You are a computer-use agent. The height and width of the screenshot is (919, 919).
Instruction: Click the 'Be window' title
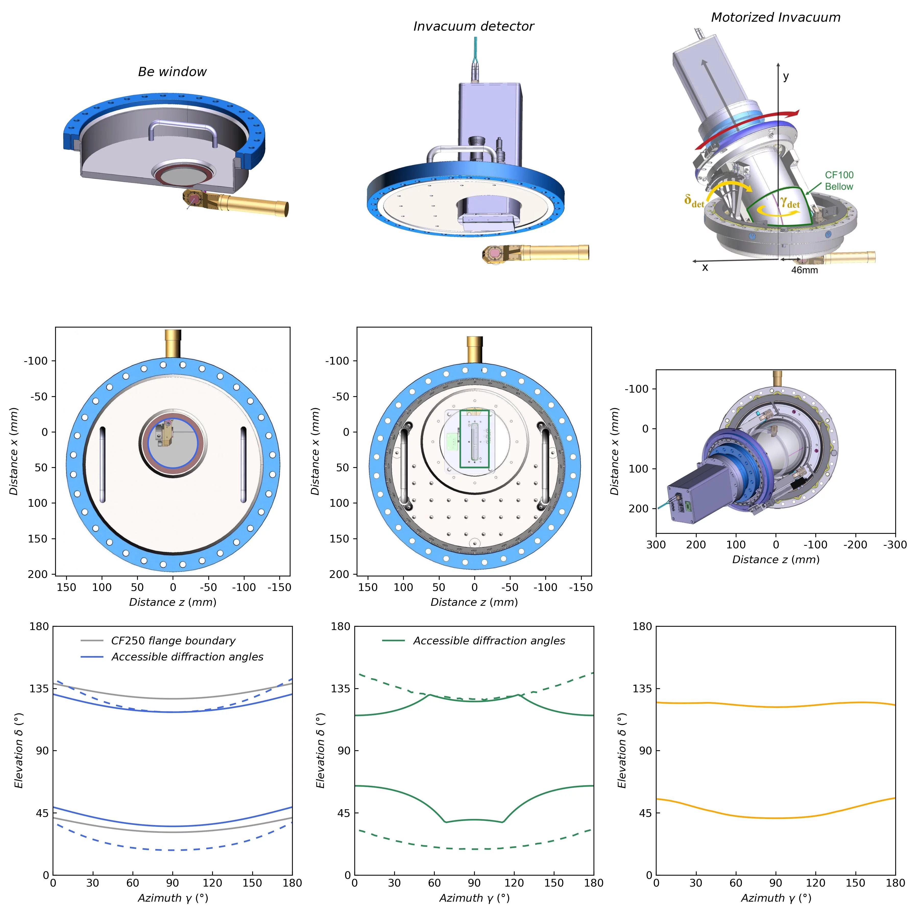click(x=172, y=72)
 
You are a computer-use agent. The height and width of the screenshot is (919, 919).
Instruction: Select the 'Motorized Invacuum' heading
click(x=775, y=18)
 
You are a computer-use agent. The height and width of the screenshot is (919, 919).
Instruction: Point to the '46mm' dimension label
click(x=804, y=270)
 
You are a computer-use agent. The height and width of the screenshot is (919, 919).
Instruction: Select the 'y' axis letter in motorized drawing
click(x=786, y=76)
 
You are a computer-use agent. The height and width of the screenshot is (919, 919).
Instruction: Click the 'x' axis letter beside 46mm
click(x=705, y=267)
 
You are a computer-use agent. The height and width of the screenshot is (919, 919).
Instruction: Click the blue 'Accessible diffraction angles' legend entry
click(x=187, y=657)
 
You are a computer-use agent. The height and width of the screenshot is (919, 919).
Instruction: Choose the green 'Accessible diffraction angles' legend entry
click(x=489, y=641)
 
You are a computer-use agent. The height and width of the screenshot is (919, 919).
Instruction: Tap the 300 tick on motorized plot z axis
click(x=656, y=545)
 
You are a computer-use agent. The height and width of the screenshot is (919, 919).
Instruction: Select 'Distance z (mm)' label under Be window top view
click(x=173, y=602)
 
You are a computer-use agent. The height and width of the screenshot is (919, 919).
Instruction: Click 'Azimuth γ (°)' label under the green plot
click(x=474, y=898)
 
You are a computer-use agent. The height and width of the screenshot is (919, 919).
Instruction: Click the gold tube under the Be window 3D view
click(x=252, y=205)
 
